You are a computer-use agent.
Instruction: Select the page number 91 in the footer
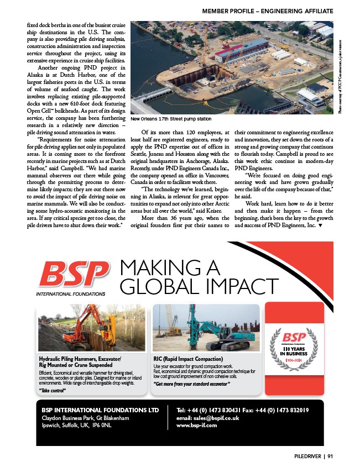330,456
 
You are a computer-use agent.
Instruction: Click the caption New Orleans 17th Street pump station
171,119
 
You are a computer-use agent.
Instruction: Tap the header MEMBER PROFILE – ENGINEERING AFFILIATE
267,11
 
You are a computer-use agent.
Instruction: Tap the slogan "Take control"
53,390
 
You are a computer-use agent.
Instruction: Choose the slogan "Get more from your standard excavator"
191,383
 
